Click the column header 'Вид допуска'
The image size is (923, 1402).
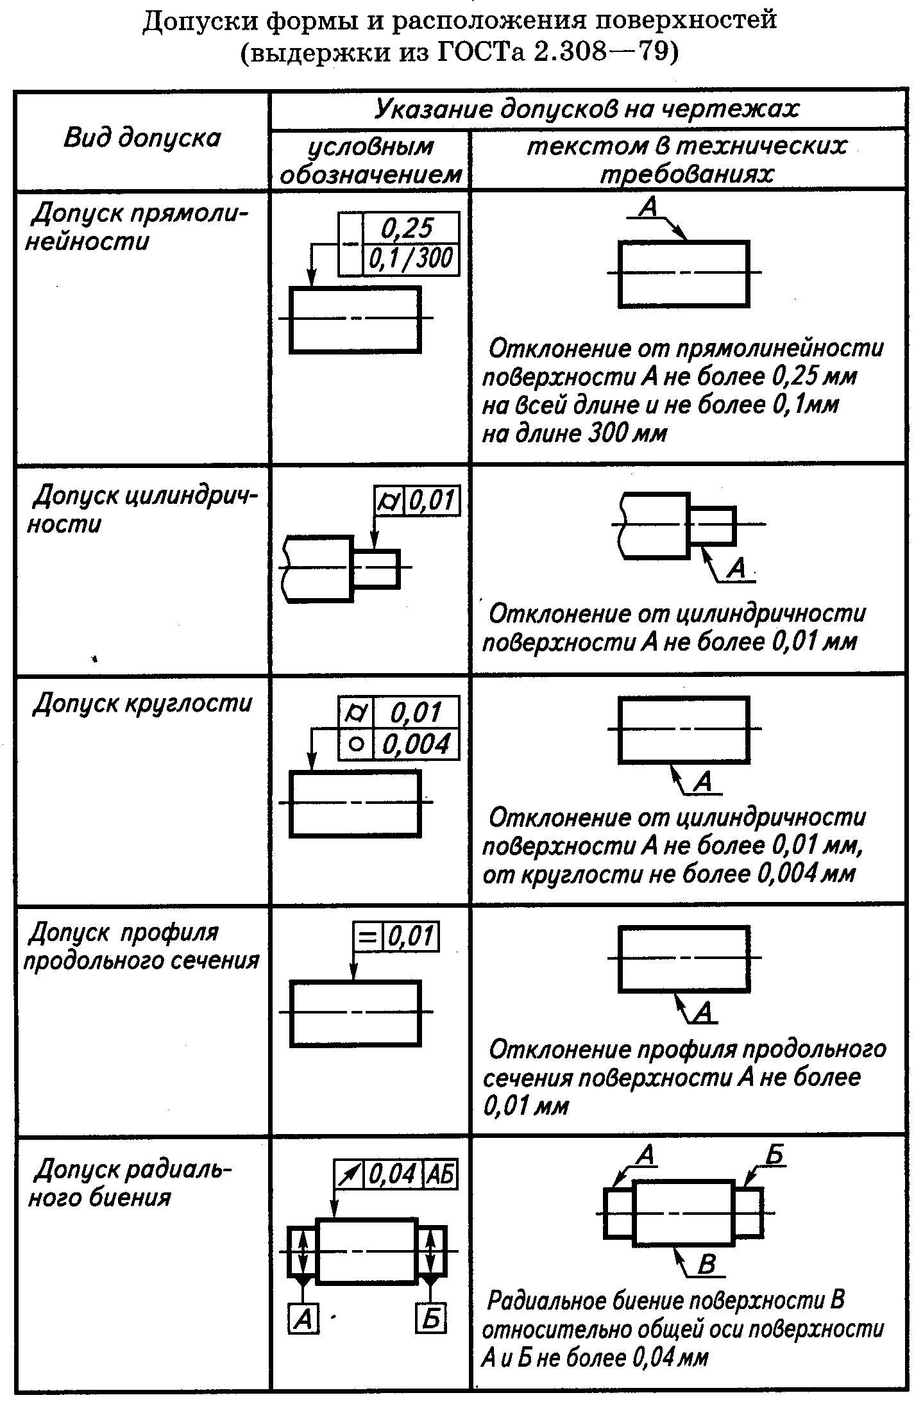coord(142,138)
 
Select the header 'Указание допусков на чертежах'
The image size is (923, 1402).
coord(586,109)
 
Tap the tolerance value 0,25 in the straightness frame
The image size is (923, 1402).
coord(409,228)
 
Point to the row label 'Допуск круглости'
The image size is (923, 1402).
coord(142,703)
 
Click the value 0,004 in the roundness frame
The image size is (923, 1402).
coord(416,744)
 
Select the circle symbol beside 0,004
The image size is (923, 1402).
coord(357,744)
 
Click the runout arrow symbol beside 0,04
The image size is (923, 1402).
coord(350,1174)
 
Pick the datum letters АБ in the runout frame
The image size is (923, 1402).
coord(440,1174)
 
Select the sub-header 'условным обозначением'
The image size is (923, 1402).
coord(371,160)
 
